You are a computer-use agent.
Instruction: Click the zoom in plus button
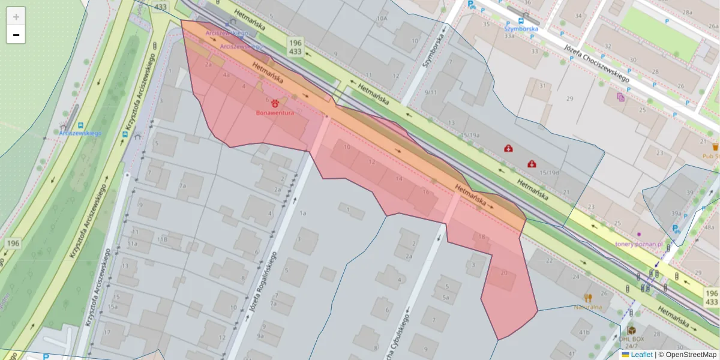(x=16, y=17)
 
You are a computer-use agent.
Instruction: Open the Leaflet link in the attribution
(x=641, y=355)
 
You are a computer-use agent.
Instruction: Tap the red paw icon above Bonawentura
(x=275, y=103)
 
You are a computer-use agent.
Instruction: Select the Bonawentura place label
(x=275, y=113)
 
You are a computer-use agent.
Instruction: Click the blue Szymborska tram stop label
(x=521, y=28)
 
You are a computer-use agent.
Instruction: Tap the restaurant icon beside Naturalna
(x=588, y=298)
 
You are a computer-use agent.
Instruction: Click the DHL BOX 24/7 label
(x=631, y=341)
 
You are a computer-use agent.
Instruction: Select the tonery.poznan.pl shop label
(x=638, y=244)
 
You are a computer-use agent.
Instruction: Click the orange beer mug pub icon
(x=715, y=147)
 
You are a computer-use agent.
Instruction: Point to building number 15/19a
(x=469, y=136)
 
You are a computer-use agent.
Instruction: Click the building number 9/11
(x=430, y=92)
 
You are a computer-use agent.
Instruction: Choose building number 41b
(x=584, y=332)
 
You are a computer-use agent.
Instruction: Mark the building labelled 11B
(x=162, y=239)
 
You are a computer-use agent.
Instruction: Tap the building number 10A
(x=382, y=19)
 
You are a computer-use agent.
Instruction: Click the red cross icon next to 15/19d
(x=532, y=163)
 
